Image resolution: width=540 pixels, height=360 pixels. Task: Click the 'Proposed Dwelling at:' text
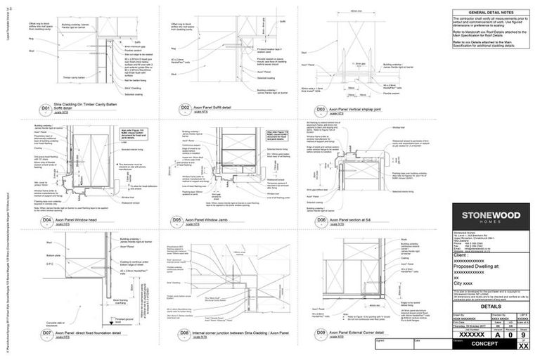point(476,266)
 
